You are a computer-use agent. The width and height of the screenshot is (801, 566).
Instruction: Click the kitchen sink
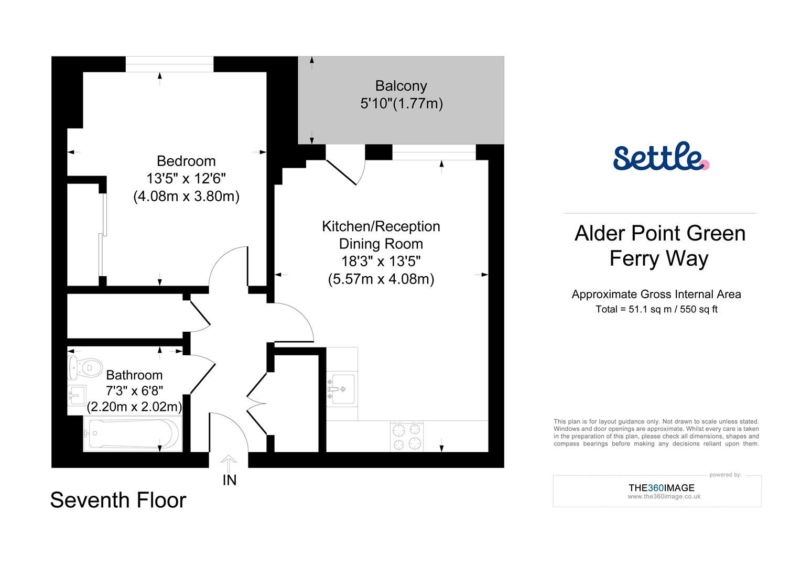(x=341, y=389)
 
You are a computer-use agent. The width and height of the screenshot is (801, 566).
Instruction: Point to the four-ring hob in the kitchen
(x=407, y=436)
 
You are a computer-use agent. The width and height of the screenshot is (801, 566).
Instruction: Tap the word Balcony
(x=401, y=86)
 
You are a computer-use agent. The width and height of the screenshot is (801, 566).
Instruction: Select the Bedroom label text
(x=186, y=161)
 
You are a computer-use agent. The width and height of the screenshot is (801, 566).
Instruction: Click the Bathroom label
(x=134, y=375)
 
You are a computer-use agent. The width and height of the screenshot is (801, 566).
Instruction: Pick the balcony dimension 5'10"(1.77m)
(x=402, y=104)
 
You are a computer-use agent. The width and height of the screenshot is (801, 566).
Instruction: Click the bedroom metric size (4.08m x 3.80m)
(x=186, y=197)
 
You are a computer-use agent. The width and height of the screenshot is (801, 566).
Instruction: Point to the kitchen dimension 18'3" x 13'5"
(x=381, y=261)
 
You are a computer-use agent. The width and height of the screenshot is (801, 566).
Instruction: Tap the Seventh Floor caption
(x=118, y=500)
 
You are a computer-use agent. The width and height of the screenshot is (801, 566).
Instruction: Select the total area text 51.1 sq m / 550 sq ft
(x=656, y=309)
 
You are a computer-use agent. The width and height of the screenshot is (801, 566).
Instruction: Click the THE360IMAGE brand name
(x=661, y=488)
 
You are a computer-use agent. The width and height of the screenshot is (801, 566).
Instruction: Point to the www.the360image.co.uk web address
(x=664, y=497)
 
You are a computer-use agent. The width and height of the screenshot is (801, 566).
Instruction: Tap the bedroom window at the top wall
(x=169, y=64)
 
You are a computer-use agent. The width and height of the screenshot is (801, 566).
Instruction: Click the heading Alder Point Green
(x=660, y=233)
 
